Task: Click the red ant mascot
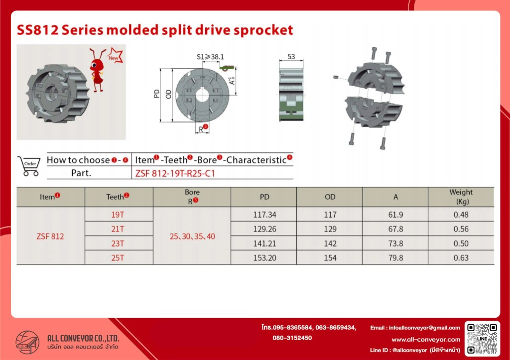pyautogui.click(x=98, y=70)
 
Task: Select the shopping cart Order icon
pyautogui.click(x=29, y=166)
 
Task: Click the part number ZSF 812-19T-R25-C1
pyautogui.click(x=175, y=173)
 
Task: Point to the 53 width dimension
pyautogui.click(x=291, y=57)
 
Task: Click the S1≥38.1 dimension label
pyautogui.click(x=210, y=57)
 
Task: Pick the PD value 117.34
pyautogui.click(x=264, y=215)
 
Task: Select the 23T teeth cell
pyautogui.click(x=118, y=243)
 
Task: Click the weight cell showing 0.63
pyautogui.click(x=461, y=258)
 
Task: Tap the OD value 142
pyautogui.click(x=330, y=243)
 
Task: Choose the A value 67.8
pyautogui.click(x=395, y=229)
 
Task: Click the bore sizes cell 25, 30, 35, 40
pyautogui.click(x=192, y=237)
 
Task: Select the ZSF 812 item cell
pyautogui.click(x=50, y=237)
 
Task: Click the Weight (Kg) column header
pyautogui.click(x=461, y=197)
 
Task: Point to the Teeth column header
pyautogui.click(x=118, y=196)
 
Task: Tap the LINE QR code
pyautogui.click(x=482, y=339)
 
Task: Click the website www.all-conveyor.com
pyautogui.click(x=426, y=340)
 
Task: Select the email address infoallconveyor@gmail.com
pyautogui.click(x=424, y=328)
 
